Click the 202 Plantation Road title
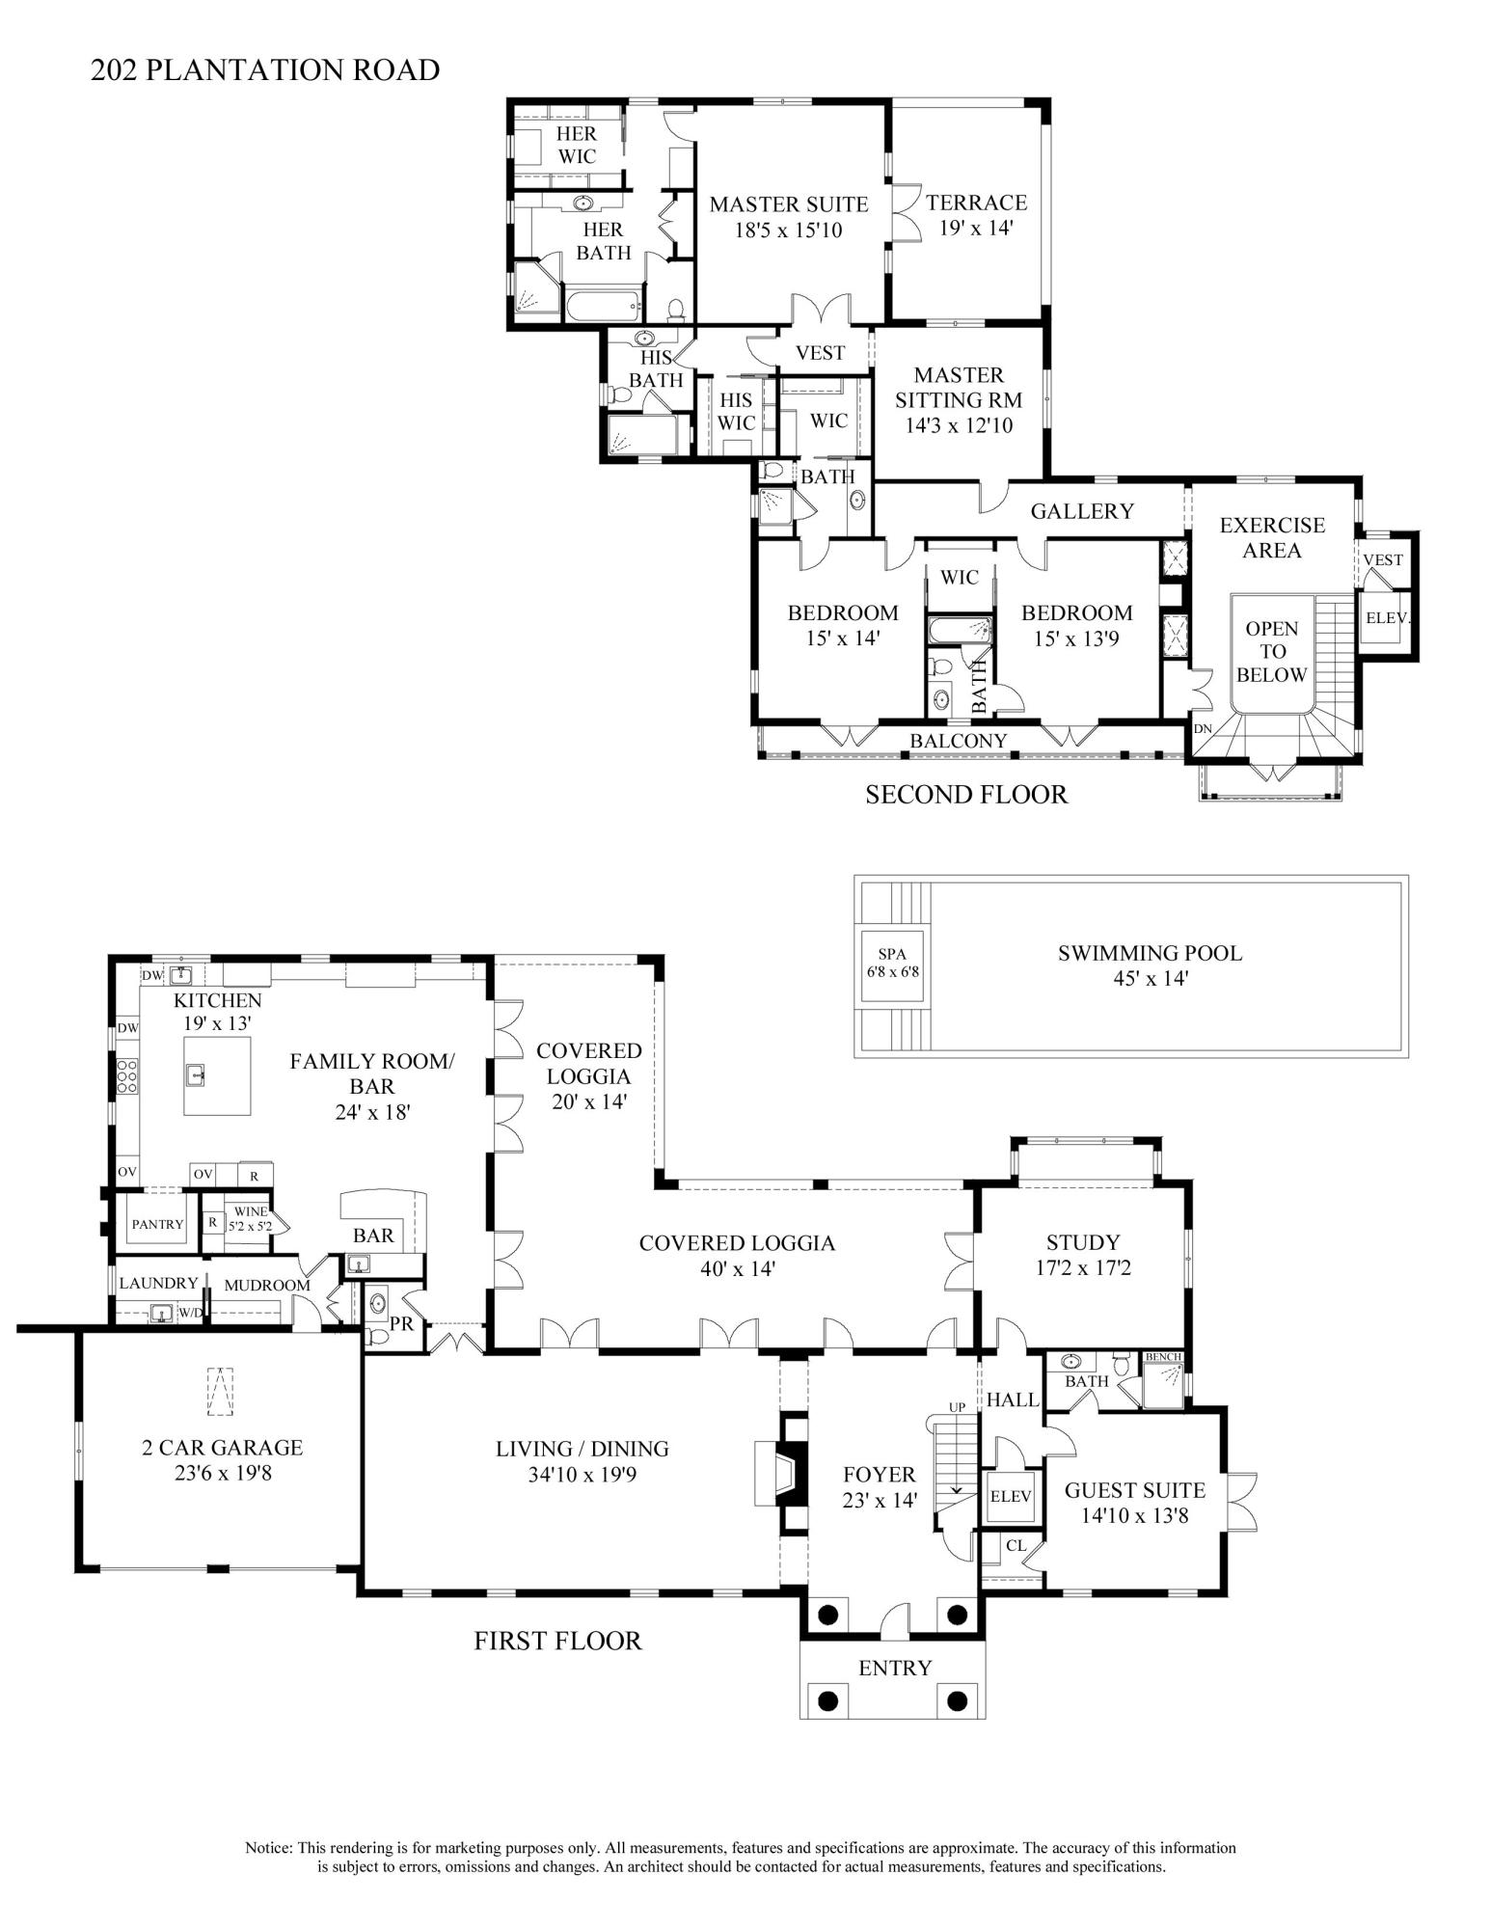265,70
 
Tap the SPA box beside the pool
892,962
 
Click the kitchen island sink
196,1073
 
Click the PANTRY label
157,1224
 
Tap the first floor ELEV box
1011,1496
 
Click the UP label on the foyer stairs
957,1407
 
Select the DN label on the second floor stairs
1202,729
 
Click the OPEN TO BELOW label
1271,652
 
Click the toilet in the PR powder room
377,1337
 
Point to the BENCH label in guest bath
1163,1357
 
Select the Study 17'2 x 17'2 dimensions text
1082,1267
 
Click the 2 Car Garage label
222,1447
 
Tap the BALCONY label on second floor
959,741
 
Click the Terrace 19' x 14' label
976,214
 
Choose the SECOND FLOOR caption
966,795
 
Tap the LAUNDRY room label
158,1283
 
